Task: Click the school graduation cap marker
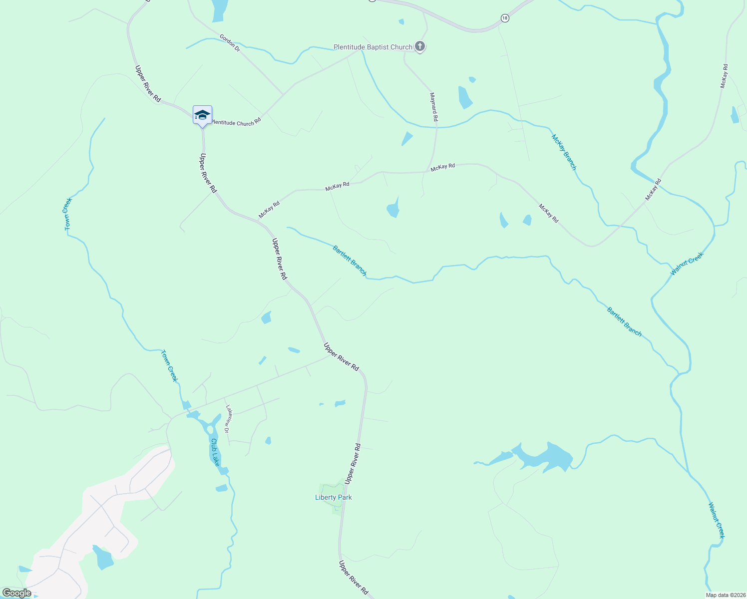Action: (x=202, y=115)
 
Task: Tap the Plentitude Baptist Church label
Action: (x=373, y=47)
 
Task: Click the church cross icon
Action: (x=420, y=47)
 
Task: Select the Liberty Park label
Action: (x=334, y=497)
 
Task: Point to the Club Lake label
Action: (x=215, y=452)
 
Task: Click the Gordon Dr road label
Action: (x=230, y=42)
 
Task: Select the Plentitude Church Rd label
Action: (x=236, y=122)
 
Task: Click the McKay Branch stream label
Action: (x=564, y=152)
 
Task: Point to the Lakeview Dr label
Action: (x=229, y=418)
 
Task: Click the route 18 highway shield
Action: (x=505, y=18)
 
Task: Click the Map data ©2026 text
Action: (x=725, y=595)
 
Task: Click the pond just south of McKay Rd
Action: (x=393, y=209)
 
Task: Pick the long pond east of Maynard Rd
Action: (x=465, y=97)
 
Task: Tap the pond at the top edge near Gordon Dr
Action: (x=219, y=10)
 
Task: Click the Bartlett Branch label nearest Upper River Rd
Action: (x=350, y=260)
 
